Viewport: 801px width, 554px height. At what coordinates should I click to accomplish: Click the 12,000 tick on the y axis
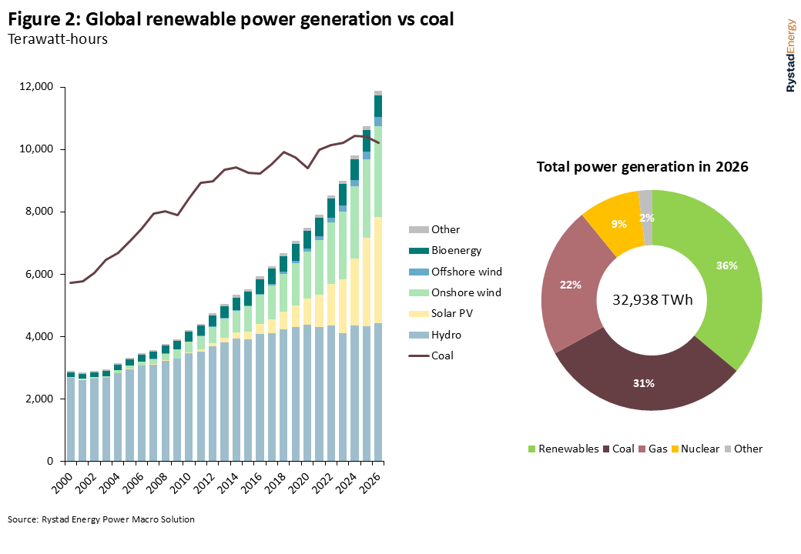pos(39,87)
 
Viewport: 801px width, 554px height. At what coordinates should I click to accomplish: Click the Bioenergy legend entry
pos(455,250)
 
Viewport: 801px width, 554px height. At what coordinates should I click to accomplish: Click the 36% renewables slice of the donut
pos(726,266)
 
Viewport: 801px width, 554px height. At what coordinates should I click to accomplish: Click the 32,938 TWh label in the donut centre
pos(652,300)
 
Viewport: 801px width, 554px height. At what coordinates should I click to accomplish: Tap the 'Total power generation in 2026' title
pos(642,166)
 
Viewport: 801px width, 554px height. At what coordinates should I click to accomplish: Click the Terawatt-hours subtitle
pos(57,39)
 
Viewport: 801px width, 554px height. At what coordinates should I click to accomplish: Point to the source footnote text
pos(101,519)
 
